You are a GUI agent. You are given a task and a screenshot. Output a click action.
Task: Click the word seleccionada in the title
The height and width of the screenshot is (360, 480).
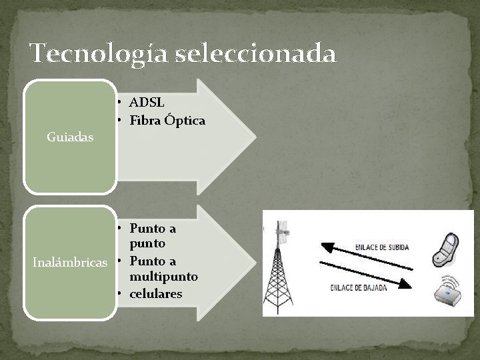[256, 53]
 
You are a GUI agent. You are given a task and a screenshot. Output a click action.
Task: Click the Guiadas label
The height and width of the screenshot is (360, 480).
[71, 137]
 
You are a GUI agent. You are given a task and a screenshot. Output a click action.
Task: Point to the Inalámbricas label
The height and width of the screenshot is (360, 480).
[71, 261]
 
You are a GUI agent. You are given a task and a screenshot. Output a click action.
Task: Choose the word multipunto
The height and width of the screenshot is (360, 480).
[164, 275]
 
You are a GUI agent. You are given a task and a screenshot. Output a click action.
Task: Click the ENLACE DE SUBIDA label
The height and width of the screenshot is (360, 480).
[383, 247]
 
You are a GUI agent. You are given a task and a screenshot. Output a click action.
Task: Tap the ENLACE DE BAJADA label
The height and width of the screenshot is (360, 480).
[356, 288]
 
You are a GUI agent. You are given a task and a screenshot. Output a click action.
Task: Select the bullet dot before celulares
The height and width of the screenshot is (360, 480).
[116, 293]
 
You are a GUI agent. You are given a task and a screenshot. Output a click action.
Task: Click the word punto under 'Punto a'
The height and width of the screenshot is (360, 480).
[147, 244]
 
